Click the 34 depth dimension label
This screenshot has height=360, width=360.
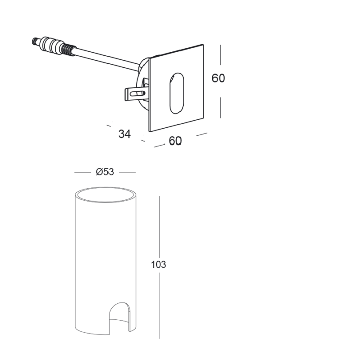(124, 134)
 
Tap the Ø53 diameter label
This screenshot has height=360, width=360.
(105, 172)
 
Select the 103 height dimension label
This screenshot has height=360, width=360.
(158, 265)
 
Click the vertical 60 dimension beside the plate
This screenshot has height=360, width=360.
(218, 78)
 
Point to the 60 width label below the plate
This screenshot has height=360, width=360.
(175, 141)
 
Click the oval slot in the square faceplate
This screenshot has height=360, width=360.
(177, 93)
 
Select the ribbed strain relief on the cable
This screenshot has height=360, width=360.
(68, 50)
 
